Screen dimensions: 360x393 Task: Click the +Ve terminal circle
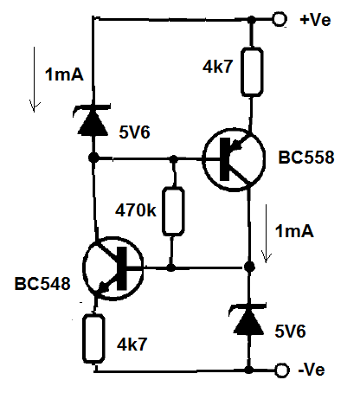point(280,19)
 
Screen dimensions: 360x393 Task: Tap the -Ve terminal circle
point(282,370)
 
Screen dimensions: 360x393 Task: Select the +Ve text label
point(315,20)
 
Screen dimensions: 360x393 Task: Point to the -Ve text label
point(312,370)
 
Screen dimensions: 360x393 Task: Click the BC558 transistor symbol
point(234,159)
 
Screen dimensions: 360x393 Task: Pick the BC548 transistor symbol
point(112,268)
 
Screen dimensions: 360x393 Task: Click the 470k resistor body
point(173,211)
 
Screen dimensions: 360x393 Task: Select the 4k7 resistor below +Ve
point(252,72)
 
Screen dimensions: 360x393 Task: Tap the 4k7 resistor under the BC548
point(93,338)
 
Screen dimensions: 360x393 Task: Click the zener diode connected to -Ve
point(248,319)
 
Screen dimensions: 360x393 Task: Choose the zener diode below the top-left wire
point(93,120)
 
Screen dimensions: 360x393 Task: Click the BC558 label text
point(306,158)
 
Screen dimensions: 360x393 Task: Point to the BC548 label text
point(42,284)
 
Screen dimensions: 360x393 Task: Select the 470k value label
point(136,210)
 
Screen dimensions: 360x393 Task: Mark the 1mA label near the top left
point(64,74)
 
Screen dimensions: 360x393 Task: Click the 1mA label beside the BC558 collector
point(294,231)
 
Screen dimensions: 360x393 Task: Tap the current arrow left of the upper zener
point(35,80)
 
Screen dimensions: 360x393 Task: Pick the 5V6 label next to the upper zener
point(134,132)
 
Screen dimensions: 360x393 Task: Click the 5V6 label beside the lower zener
point(290,332)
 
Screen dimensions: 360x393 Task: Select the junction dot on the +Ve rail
point(252,20)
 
